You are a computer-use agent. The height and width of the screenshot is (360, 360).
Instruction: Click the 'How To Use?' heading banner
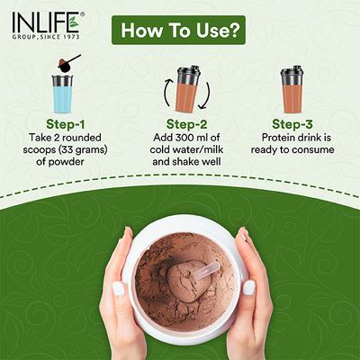point(179,31)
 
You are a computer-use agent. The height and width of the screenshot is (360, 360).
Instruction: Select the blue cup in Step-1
point(62,93)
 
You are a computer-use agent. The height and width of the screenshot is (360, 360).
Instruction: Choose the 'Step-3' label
point(292,124)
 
